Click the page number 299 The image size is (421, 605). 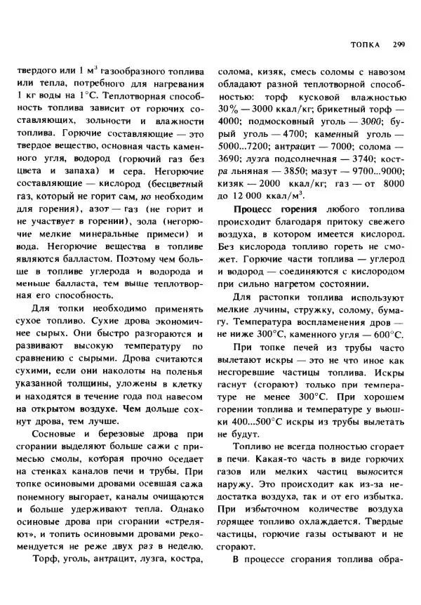(x=398, y=45)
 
